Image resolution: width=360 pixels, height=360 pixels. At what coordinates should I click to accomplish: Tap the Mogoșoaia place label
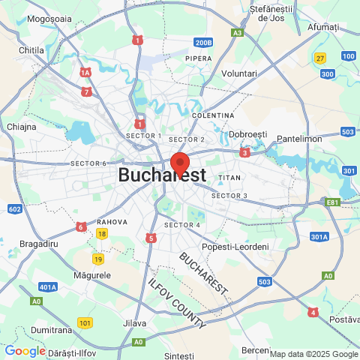[49, 19]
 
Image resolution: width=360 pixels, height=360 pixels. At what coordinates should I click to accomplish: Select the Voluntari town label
[239, 73]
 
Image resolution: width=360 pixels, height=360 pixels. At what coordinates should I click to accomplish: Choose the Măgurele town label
[92, 275]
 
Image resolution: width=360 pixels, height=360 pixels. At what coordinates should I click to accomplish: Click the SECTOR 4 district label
[181, 225]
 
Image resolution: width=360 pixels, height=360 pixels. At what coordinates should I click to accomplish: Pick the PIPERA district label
[199, 58]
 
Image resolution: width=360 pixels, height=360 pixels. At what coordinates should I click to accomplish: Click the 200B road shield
[202, 43]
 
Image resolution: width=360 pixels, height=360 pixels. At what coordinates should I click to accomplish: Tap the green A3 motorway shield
[237, 32]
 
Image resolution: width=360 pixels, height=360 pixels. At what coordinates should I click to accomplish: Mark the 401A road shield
[49, 286]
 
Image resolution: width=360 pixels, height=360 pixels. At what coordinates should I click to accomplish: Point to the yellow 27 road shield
[320, 58]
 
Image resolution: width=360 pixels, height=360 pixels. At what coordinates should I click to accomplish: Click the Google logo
[25, 351]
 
